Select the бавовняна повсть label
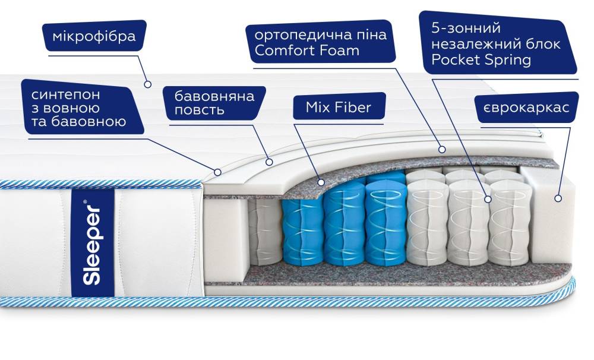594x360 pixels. click(x=214, y=103)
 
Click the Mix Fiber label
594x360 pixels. click(x=338, y=108)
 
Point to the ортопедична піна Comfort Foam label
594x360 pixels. click(x=320, y=42)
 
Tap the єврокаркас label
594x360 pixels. click(x=526, y=108)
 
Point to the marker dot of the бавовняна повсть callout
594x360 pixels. click(x=269, y=160)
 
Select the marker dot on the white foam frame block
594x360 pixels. click(x=558, y=198)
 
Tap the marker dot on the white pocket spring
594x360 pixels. click(x=488, y=200)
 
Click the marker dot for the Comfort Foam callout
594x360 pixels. click(x=442, y=150)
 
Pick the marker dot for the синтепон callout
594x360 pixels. click(x=218, y=172)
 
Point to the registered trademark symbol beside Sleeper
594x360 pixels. click(x=85, y=202)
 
